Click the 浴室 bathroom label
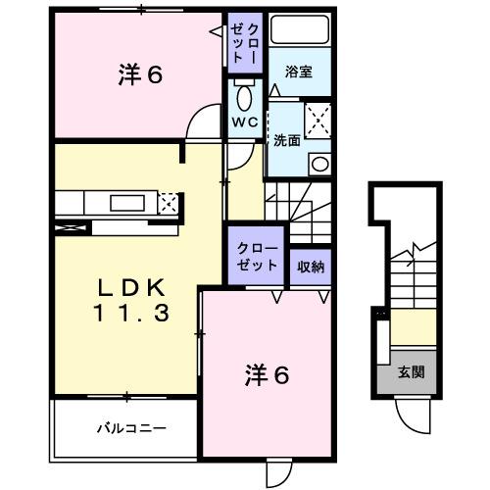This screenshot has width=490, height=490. [299, 72]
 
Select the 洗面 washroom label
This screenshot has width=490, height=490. [286, 138]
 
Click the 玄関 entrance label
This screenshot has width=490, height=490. [411, 372]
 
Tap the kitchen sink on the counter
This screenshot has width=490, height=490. [125, 203]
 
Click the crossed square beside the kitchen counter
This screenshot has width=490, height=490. [168, 204]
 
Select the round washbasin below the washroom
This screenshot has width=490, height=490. [318, 164]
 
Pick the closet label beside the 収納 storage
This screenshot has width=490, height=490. [257, 257]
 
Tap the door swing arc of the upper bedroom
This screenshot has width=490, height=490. [202, 122]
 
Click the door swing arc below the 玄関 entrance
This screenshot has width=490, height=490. [412, 416]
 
